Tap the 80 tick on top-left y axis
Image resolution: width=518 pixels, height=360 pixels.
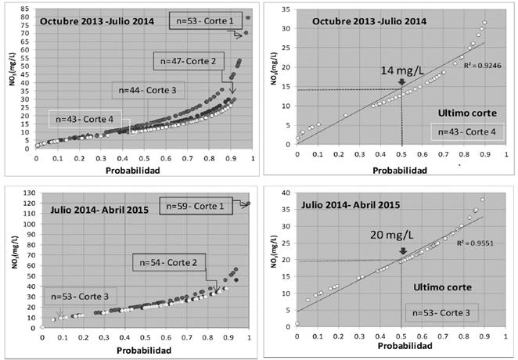(27, 10)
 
